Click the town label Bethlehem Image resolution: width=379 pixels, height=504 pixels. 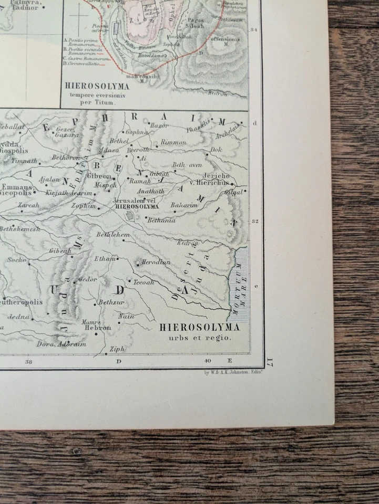(x=113, y=235)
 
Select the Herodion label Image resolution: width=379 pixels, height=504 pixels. (x=156, y=262)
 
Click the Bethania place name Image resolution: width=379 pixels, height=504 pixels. (x=161, y=220)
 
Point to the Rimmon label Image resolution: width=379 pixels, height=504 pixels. (x=173, y=142)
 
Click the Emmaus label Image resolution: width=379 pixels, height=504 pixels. (x=16, y=187)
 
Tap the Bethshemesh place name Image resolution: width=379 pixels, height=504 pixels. (x=20, y=229)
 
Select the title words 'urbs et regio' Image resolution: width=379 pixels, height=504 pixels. (x=200, y=338)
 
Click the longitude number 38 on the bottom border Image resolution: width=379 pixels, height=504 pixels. (x=28, y=361)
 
